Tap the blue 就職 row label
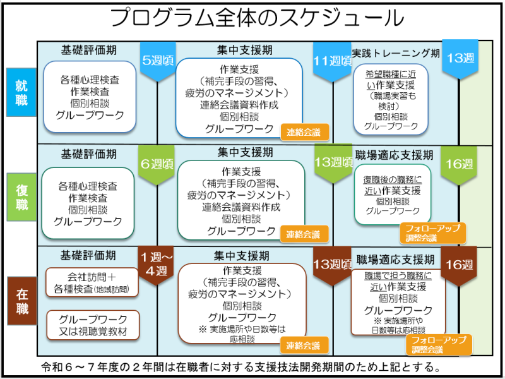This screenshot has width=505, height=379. coord(21,92)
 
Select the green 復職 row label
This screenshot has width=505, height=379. coord(21,195)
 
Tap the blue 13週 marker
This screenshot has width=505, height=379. coord(460,59)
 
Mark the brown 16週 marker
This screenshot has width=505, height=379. coord(459,264)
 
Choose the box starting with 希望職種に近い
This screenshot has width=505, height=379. coord(391,100)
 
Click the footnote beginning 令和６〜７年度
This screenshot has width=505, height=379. coord(240,367)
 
